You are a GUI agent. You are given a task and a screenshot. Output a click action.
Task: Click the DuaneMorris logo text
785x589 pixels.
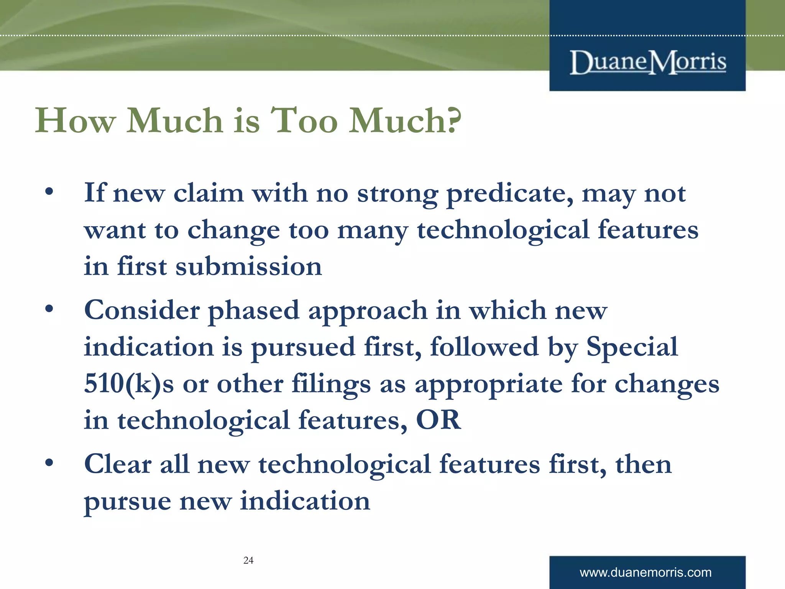tap(648, 62)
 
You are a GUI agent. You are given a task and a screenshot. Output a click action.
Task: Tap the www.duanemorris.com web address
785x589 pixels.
tap(645, 573)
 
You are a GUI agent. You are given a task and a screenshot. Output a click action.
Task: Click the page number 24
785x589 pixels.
tap(248, 560)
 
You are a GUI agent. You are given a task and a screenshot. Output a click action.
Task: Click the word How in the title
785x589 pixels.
tap(75, 121)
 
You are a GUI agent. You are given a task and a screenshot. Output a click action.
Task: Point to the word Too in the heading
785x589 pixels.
tap(304, 121)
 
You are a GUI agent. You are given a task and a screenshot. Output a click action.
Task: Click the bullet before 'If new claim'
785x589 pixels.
tap(49, 191)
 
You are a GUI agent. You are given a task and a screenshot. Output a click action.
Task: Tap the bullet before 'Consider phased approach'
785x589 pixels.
tap(49, 309)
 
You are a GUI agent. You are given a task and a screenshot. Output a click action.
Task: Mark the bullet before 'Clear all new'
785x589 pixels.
tap(49, 463)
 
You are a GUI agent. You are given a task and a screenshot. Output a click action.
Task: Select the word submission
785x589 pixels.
tap(248, 267)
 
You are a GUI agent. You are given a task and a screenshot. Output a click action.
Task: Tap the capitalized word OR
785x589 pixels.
tap(438, 420)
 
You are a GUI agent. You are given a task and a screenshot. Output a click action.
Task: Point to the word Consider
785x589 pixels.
tap(141, 310)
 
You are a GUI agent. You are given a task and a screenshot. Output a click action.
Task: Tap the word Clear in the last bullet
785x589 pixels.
tap(118, 464)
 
